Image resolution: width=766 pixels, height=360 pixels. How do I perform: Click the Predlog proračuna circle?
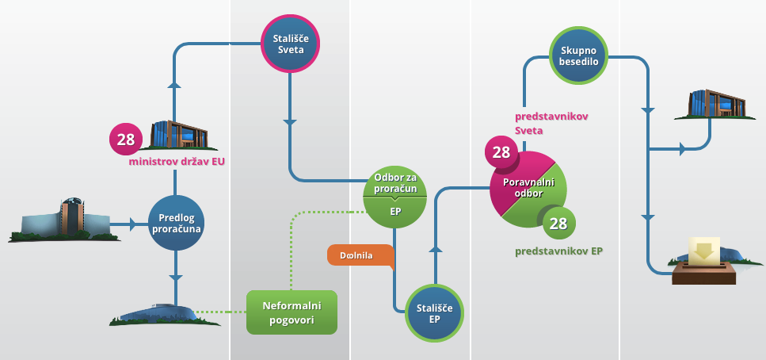176,223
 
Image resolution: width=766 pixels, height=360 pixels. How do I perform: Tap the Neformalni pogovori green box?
292,312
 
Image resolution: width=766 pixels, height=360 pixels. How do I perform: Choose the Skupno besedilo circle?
579,56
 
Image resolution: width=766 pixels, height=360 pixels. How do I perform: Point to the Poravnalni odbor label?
529,187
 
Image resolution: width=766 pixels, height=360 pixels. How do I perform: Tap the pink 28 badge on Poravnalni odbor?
501,151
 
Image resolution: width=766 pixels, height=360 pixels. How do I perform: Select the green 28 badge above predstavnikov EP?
558,224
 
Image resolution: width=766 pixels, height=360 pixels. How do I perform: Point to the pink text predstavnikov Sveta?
551,123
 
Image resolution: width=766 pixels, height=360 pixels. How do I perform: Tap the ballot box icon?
704,261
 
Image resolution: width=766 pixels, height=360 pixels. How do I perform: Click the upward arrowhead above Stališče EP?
433,248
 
